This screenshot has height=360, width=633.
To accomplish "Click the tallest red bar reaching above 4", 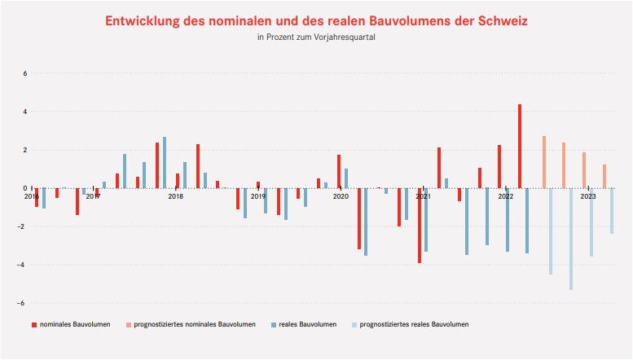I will point(520,147).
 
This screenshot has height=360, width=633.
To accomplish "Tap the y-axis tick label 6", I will point(25,73).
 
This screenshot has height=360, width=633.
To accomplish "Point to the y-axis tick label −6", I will point(24,303).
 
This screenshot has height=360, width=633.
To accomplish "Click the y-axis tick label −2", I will point(24,226).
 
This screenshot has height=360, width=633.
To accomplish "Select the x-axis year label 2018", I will point(175,196).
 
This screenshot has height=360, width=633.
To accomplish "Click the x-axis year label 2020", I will point(341,196).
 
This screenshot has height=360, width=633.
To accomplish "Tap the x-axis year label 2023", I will point(588,196).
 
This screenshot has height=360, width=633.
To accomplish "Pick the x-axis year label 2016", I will point(32,196).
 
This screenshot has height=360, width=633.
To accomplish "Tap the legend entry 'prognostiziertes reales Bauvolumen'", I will point(413,325).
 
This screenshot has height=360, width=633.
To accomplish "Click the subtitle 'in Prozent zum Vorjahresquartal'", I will point(316,37).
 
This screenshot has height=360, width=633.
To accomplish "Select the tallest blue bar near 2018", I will point(165,163).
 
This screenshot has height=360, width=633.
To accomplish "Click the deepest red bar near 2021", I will point(420,226).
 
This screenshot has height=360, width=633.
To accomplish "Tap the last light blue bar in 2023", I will point(612,211).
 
